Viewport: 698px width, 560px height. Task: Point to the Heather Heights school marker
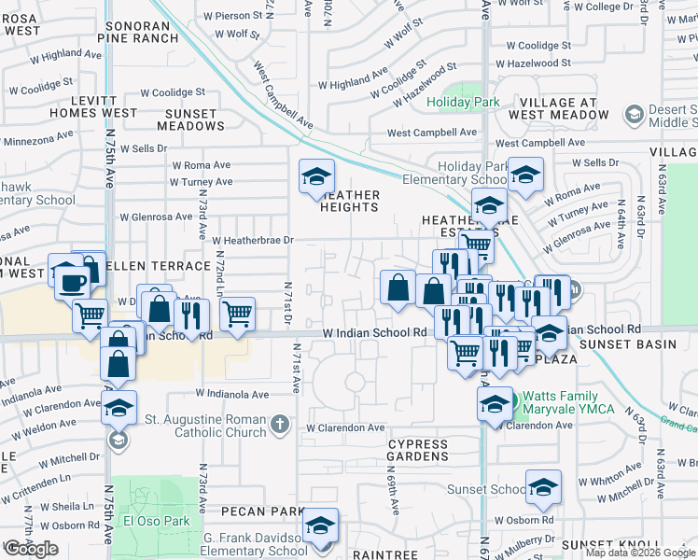316,175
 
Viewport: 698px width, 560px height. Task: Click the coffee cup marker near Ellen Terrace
71,279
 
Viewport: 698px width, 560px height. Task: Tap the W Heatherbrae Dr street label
253,240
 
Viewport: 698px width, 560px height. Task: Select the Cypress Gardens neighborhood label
418,450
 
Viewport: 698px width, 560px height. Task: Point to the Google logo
31,549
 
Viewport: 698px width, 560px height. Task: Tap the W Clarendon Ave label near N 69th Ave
345,427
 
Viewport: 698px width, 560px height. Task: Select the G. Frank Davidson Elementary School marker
320,525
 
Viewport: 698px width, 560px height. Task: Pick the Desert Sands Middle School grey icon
635,115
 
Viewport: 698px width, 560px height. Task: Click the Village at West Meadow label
559,108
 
